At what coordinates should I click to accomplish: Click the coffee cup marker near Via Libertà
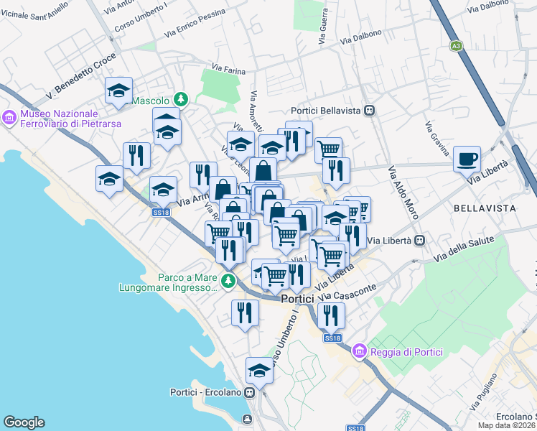[467, 159]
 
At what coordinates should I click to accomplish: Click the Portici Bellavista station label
[327, 111]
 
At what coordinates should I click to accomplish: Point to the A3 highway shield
[456, 46]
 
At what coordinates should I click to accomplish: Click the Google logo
[24, 422]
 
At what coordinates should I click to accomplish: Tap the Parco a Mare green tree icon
[228, 280]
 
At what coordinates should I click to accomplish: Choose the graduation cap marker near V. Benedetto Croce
[118, 91]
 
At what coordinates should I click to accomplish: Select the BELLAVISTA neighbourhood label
[485, 208]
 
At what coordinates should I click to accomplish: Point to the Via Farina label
[229, 71]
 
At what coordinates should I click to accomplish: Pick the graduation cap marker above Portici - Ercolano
[259, 371]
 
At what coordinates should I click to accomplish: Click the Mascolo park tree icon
[182, 99]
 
